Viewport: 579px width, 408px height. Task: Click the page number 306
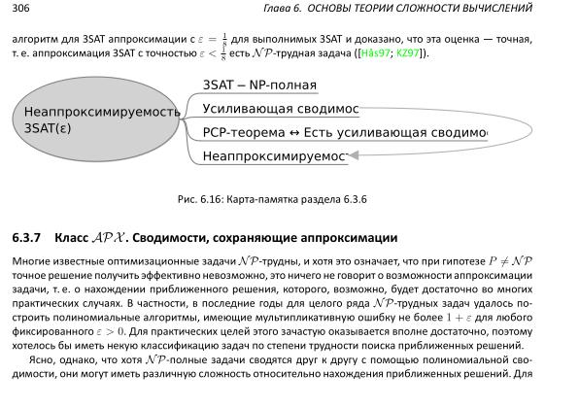click(x=20, y=9)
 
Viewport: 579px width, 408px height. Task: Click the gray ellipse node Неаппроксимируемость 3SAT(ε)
click(x=100, y=119)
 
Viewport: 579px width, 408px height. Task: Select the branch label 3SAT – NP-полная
click(x=260, y=85)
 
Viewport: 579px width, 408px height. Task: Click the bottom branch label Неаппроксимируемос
click(x=274, y=155)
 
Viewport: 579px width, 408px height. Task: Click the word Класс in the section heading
click(x=73, y=238)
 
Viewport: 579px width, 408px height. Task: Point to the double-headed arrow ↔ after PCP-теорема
click(x=292, y=132)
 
